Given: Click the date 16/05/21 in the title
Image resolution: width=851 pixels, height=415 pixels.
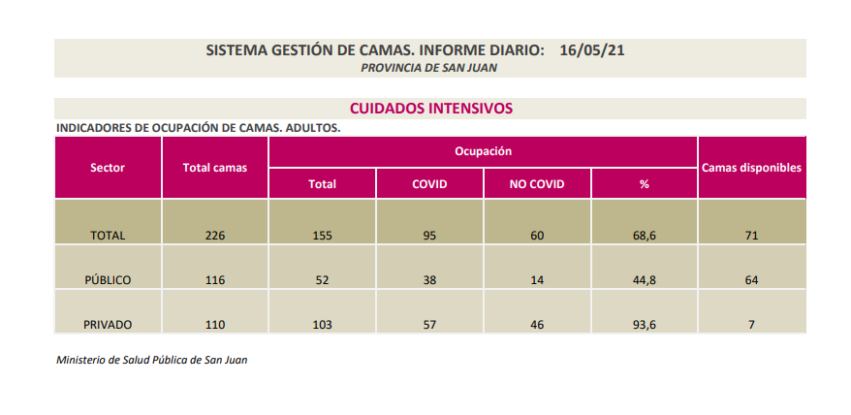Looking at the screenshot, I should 591,49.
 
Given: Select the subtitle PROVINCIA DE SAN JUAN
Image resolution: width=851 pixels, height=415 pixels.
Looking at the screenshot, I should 429,67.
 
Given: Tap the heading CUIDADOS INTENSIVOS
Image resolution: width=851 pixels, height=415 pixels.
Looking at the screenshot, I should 430,109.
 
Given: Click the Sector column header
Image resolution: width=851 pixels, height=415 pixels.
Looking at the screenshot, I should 108,167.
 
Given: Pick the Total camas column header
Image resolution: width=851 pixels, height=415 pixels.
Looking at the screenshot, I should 215,167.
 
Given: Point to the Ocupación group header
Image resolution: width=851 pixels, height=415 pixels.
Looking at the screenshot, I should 483,151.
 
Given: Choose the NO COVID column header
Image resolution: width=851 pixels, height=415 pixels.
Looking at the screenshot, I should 536,183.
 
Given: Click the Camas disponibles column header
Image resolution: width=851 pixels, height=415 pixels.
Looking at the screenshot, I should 751,167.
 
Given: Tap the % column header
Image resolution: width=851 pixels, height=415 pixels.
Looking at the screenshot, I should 644,183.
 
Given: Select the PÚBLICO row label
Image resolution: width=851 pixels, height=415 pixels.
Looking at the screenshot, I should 108,280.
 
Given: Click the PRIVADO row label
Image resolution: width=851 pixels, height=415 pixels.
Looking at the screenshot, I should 108,325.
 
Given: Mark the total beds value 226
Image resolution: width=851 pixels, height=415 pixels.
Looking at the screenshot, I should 215,236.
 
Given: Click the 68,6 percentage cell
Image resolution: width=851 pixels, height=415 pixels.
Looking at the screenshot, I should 644,236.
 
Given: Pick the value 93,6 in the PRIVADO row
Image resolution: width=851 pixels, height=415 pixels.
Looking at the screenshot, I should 644,325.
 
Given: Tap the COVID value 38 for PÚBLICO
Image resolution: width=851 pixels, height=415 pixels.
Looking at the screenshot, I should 429,280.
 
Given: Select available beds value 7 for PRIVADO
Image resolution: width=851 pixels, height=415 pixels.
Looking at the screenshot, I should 751,325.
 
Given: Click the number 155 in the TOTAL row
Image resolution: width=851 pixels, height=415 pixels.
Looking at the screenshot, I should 322,236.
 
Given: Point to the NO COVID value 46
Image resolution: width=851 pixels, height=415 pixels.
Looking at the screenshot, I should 536,325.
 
